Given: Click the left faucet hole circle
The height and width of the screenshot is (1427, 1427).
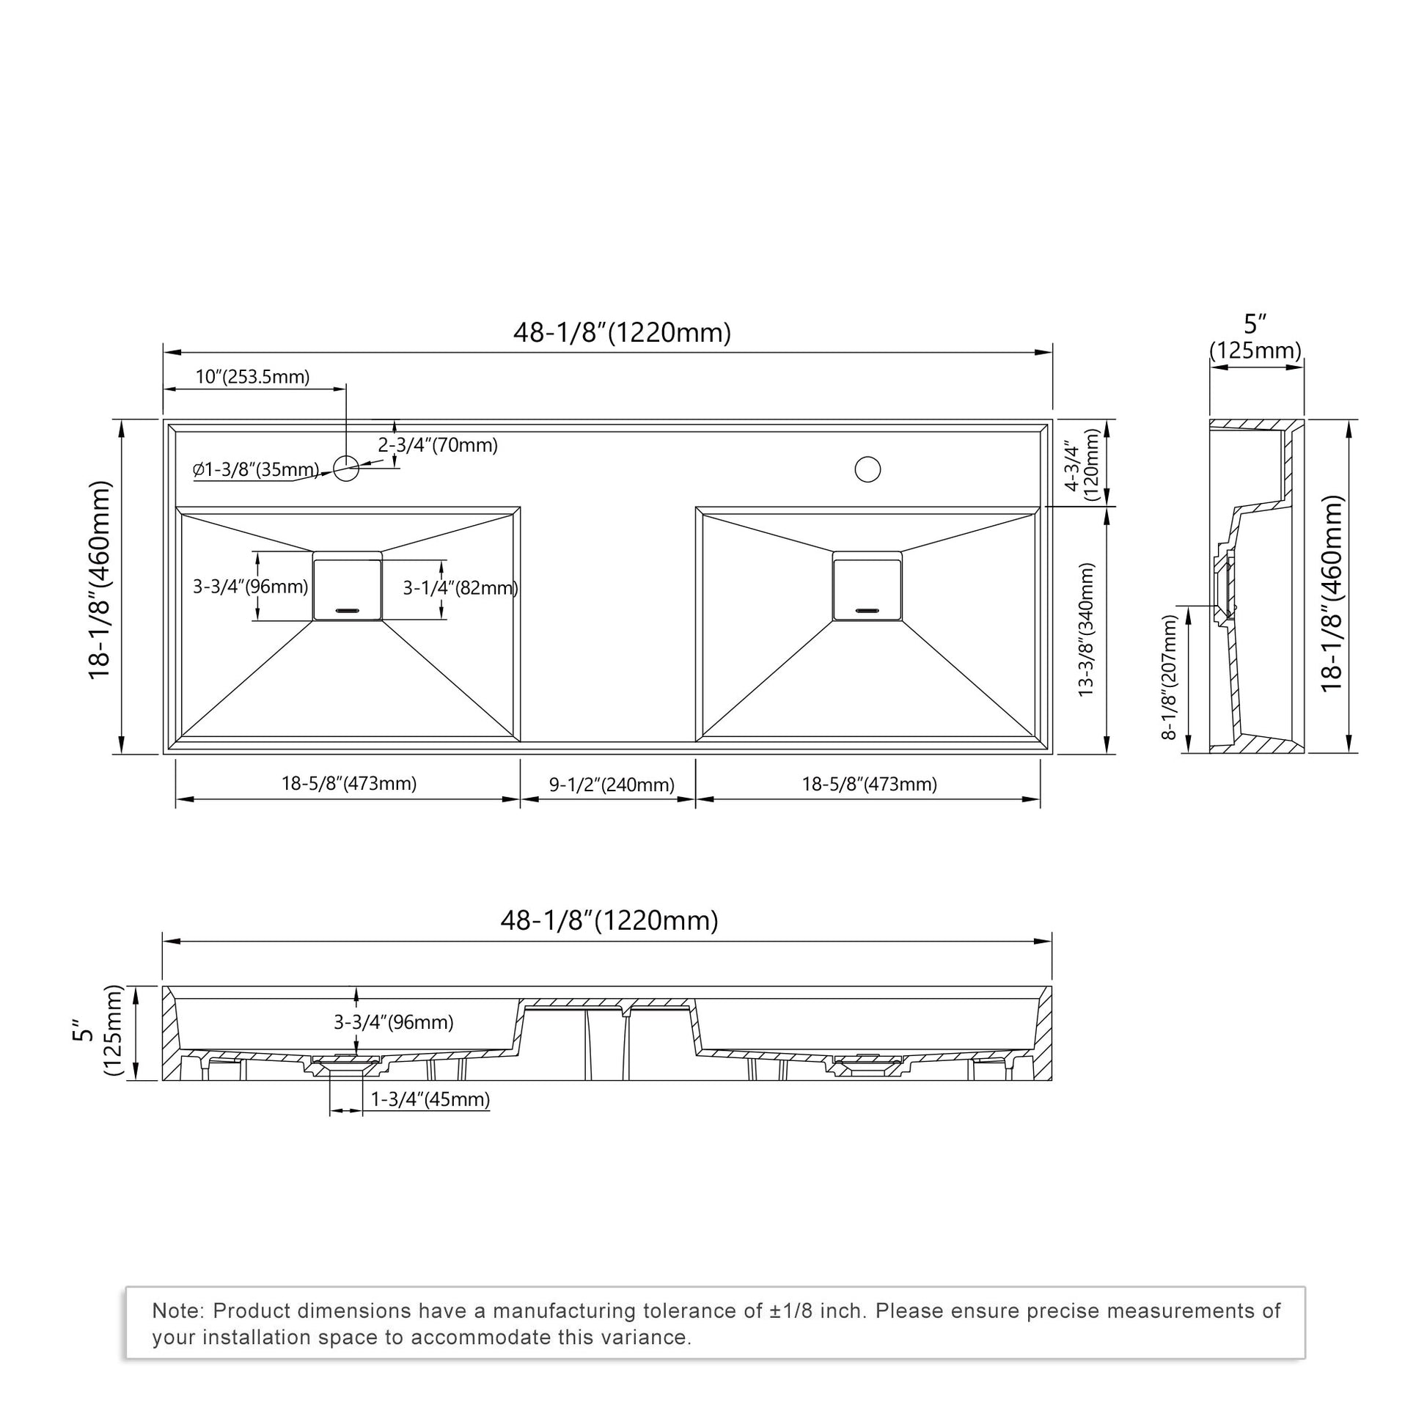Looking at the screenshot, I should [345, 468].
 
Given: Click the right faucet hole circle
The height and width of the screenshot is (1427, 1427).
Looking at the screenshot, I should [867, 469].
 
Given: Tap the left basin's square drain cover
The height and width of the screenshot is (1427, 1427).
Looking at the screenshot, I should [347, 590].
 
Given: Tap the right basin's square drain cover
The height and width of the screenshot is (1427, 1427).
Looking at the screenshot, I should [867, 590].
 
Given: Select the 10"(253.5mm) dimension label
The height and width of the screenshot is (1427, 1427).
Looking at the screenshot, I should [252, 377].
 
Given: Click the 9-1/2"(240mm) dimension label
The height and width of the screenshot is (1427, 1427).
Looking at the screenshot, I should [612, 785].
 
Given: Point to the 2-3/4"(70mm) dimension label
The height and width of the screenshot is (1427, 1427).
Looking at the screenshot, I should [438, 445].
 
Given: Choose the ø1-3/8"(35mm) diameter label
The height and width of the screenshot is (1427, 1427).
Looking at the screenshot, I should [257, 470].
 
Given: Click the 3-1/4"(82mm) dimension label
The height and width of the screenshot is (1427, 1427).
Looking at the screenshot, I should [461, 588].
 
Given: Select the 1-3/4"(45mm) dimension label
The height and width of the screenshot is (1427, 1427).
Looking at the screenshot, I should [430, 1099].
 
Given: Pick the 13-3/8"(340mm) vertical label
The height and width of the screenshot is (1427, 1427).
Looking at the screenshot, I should [1086, 629].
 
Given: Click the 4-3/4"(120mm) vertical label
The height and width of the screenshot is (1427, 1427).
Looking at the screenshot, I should [1082, 466].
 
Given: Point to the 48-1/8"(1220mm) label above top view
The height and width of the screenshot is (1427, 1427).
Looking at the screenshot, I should [622, 332].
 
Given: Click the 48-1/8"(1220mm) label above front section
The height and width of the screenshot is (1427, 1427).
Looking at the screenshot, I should [609, 920].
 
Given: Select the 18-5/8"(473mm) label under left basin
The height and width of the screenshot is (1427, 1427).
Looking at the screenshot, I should [348, 784].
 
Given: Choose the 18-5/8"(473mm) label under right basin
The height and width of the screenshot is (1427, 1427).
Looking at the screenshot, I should [870, 785].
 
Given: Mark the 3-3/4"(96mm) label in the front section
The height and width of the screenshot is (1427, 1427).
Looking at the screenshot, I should [394, 1022].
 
